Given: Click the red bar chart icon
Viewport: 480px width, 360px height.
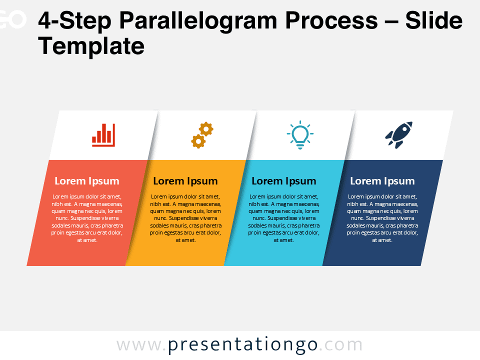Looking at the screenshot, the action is pyautogui.click(x=103, y=135).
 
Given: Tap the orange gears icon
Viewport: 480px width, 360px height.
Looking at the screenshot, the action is pyautogui.click(x=202, y=135).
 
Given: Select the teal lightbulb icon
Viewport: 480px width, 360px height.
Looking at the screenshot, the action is pyautogui.click(x=300, y=135).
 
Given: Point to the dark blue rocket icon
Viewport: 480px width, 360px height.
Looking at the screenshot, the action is pyautogui.click(x=399, y=135).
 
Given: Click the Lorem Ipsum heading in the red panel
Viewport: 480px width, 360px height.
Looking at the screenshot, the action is pyautogui.click(x=87, y=181).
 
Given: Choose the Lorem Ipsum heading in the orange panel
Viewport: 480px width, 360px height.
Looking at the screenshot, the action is pyautogui.click(x=185, y=181).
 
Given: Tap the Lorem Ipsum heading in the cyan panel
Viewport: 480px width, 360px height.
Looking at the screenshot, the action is pyautogui.click(x=284, y=181).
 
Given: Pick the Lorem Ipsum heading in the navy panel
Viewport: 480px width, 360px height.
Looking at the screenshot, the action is pyautogui.click(x=382, y=181).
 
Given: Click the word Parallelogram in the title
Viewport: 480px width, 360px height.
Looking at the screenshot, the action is pyautogui.click(x=198, y=21).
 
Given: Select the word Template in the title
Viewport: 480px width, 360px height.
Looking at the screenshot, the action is pyautogui.click(x=91, y=46).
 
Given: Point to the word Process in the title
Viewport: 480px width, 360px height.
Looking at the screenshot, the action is pyautogui.click(x=331, y=20).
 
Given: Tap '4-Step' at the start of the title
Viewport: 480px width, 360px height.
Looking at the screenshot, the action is pyautogui.click(x=74, y=21).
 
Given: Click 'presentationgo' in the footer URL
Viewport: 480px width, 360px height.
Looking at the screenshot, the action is pyautogui.click(x=243, y=345).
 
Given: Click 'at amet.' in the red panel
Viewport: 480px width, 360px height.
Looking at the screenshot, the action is pyautogui.click(x=87, y=240).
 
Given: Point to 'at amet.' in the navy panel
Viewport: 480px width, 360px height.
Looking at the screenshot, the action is pyautogui.click(x=382, y=240).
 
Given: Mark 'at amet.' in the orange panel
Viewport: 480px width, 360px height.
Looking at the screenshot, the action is pyautogui.click(x=185, y=240).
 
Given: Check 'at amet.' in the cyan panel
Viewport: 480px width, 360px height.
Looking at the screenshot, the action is pyautogui.click(x=284, y=240).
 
